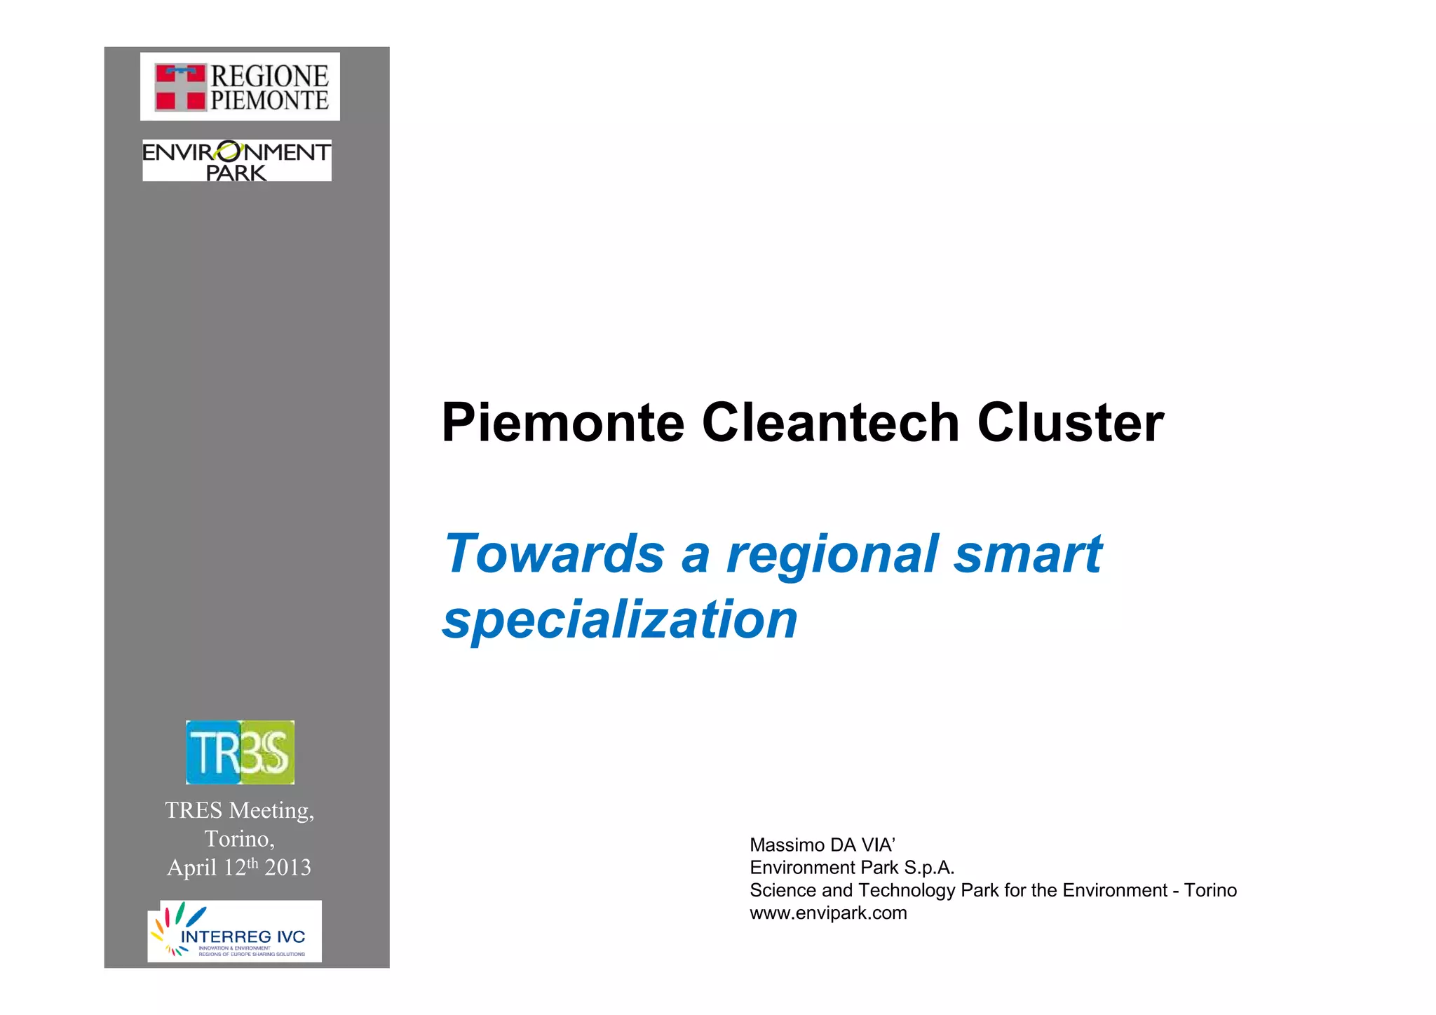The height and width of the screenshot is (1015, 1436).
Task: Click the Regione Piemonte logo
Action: tap(240, 86)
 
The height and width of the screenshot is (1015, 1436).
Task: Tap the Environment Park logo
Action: tap(237, 161)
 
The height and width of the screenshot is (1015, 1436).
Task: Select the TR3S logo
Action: tap(240, 752)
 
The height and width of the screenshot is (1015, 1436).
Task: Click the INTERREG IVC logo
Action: tap(235, 932)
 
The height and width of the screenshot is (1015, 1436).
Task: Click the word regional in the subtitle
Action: tap(832, 555)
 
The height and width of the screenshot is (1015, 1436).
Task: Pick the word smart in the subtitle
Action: tap(1028, 553)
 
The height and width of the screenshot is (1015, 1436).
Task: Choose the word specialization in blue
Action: tap(621, 619)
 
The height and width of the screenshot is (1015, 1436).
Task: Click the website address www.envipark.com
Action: tap(828, 913)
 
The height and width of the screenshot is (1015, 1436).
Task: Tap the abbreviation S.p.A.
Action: tap(929, 868)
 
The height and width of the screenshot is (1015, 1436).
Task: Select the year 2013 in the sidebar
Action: tap(287, 868)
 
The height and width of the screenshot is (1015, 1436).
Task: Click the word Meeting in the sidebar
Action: tap(271, 811)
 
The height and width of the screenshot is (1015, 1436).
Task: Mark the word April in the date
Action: tap(192, 868)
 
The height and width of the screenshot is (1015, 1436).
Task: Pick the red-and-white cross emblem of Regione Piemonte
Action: tap(180, 88)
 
